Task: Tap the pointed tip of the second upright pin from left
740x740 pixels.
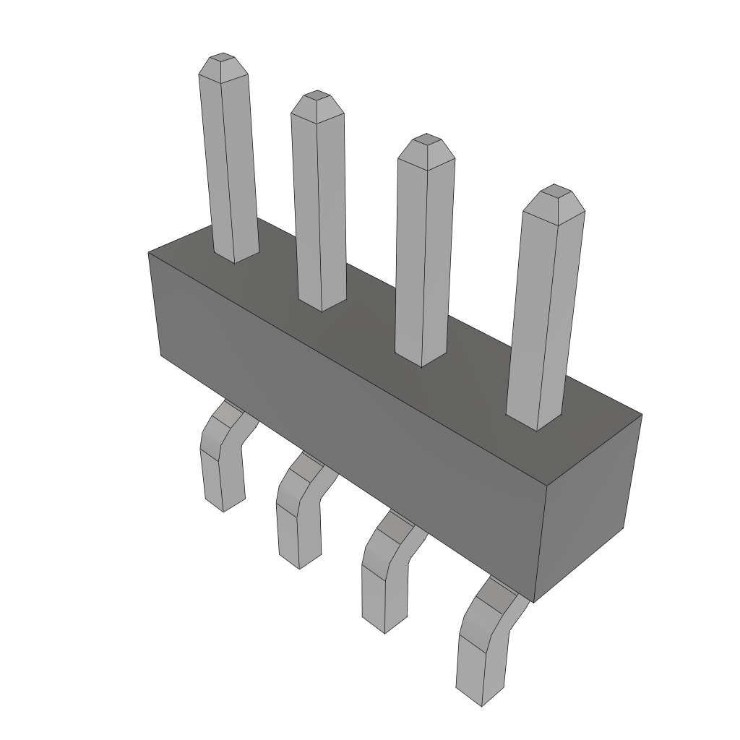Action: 317,101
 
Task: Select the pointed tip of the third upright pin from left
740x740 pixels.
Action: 426,144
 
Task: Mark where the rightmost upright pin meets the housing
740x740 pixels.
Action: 535,422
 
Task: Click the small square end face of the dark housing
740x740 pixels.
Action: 587,506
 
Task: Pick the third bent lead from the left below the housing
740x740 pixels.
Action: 383,571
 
